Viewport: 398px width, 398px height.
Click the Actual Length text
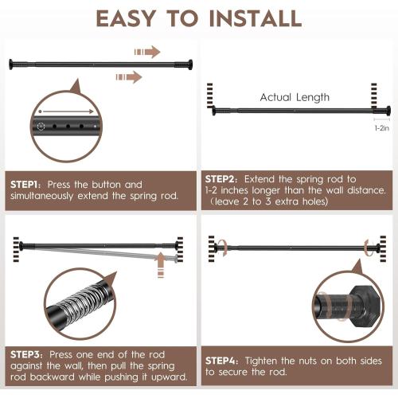(x=295, y=97)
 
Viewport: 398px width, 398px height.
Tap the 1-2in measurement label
(x=382, y=127)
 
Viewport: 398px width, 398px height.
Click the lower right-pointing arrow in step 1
(x=129, y=77)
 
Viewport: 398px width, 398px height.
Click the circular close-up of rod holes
(x=67, y=125)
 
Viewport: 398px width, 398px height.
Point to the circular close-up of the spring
(x=82, y=301)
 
